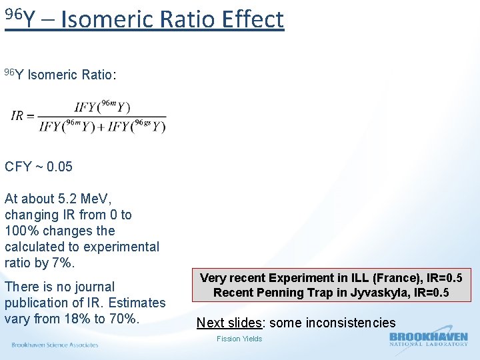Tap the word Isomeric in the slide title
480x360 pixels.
[109, 19]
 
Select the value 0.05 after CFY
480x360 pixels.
[57, 167]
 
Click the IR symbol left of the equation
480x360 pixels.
[17, 115]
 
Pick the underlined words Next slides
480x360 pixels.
[228, 323]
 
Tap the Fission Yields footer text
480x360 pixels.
[239, 339]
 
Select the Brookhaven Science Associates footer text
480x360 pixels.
[55, 345]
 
